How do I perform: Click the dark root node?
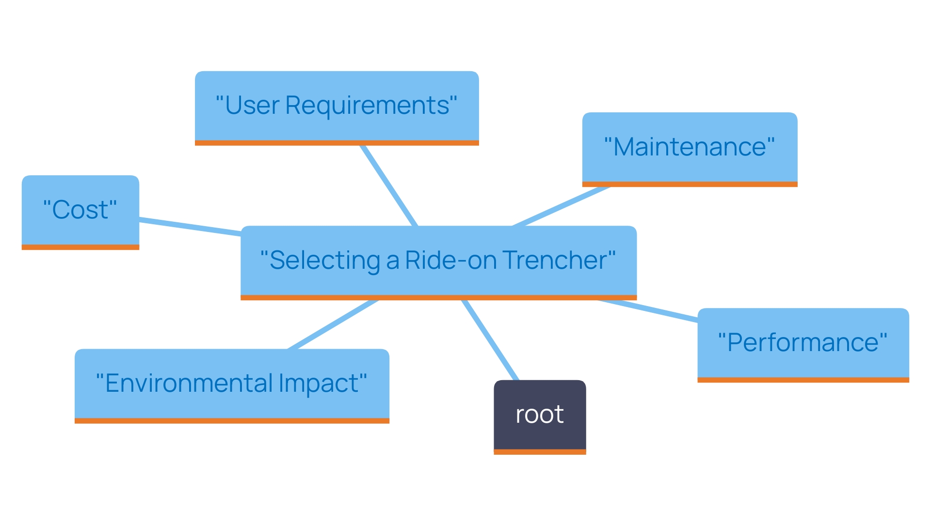(x=540, y=415)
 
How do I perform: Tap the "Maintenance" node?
(x=690, y=147)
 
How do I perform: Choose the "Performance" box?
(x=803, y=343)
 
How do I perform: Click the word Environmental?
(x=189, y=384)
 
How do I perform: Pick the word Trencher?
(x=555, y=261)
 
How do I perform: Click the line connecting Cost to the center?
(x=190, y=227)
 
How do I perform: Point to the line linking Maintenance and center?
(x=562, y=206)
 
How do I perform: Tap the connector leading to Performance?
(x=648, y=311)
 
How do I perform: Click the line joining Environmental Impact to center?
(x=333, y=324)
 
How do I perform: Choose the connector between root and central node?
(x=490, y=340)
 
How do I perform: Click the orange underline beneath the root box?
(x=540, y=452)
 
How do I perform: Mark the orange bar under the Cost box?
(x=80, y=247)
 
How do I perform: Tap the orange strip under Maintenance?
(x=690, y=184)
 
